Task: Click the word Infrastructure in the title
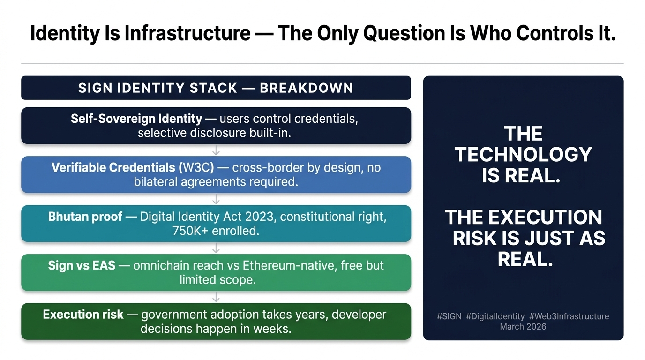pyautogui.click(x=187, y=33)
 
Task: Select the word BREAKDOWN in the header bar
pyautogui.click(x=307, y=88)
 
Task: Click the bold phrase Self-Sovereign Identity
pyautogui.click(x=136, y=119)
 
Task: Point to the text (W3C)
pyautogui.click(x=196, y=168)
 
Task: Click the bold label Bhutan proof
pyautogui.click(x=85, y=217)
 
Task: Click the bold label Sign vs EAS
pyautogui.click(x=82, y=265)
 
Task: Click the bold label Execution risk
pyautogui.click(x=83, y=315)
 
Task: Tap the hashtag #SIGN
pyautogui.click(x=449, y=316)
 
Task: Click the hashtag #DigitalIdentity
pyautogui.click(x=495, y=316)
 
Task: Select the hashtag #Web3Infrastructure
pyautogui.click(x=569, y=316)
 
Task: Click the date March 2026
pyautogui.click(x=523, y=327)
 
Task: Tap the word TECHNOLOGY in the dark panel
pyautogui.click(x=523, y=155)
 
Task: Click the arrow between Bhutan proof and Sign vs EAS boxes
pyautogui.click(x=216, y=248)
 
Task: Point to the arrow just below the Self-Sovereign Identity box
pyautogui.click(x=216, y=150)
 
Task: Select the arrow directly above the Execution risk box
pyautogui.click(x=216, y=297)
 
